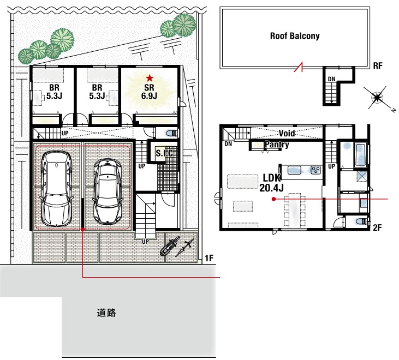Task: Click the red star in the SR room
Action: (150, 78)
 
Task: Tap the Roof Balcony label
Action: (295, 36)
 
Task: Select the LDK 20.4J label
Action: (271, 183)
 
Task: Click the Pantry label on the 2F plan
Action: (277, 145)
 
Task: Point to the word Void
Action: (287, 133)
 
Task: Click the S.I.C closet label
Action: (164, 153)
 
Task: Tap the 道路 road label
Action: (106, 313)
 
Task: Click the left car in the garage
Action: (56, 189)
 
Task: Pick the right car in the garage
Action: (107, 191)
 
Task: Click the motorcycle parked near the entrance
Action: (169, 246)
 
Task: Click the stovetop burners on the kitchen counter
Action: (316, 170)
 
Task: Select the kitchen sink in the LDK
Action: (294, 170)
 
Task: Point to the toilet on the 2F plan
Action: (362, 221)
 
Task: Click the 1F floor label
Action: (209, 259)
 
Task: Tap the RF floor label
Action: (378, 66)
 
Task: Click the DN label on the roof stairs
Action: (331, 79)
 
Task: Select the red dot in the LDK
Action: (273, 199)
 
